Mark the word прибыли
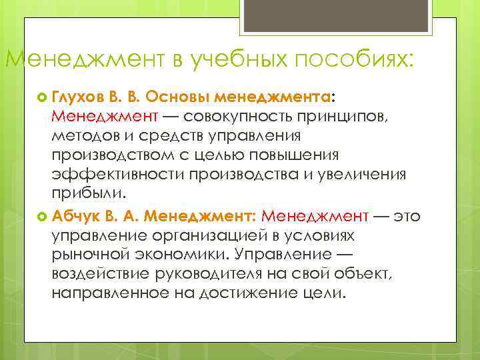tap(86, 195)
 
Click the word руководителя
tap(221, 275)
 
